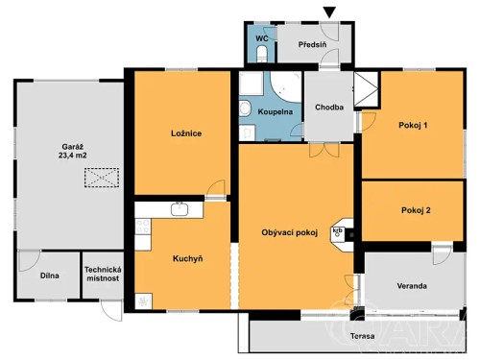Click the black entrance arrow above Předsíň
[x=331, y=12]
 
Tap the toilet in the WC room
[x=261, y=56]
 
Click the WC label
[x=260, y=38]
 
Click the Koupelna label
[x=274, y=112]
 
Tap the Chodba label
[x=331, y=108]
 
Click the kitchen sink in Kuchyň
[x=178, y=208]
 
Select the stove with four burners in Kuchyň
[x=144, y=228]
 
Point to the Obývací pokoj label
[x=289, y=233]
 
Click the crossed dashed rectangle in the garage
[x=99, y=178]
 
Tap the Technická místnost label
[x=103, y=275]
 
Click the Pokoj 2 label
[x=416, y=209]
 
